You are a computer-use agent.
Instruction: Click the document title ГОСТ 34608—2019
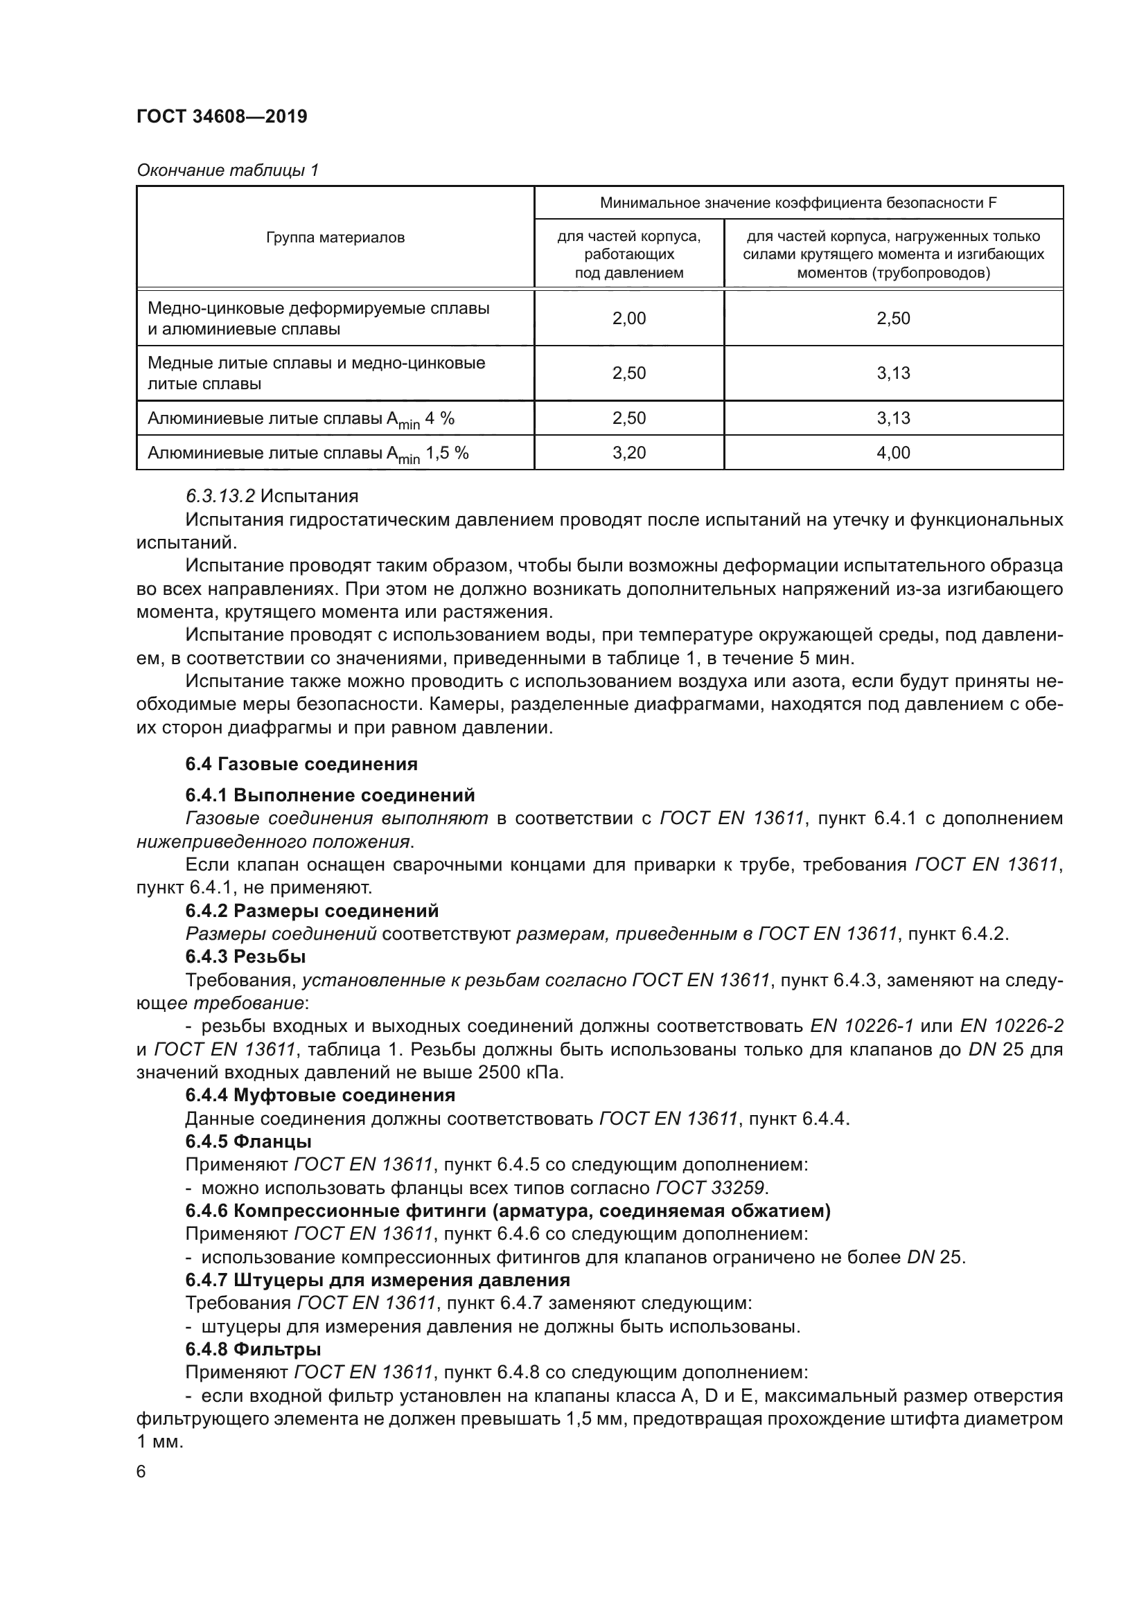(222, 116)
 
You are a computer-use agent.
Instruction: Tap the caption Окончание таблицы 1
(227, 170)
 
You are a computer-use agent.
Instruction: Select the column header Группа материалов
(335, 238)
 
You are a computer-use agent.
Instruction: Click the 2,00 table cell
(628, 318)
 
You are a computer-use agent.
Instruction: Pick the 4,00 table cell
(893, 452)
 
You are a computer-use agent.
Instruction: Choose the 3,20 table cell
(628, 452)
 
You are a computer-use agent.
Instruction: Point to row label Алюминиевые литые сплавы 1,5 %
(308, 454)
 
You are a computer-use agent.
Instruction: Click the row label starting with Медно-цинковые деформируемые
(317, 318)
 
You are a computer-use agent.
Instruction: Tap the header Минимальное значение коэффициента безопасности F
(798, 203)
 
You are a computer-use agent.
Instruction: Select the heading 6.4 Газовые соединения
(301, 764)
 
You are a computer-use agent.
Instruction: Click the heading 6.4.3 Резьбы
(245, 956)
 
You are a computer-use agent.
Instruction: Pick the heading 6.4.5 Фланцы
(249, 1141)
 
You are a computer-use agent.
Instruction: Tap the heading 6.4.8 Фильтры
(253, 1350)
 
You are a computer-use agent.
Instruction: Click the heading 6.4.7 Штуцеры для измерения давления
(378, 1280)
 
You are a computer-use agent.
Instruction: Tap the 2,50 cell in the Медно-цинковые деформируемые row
(893, 318)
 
